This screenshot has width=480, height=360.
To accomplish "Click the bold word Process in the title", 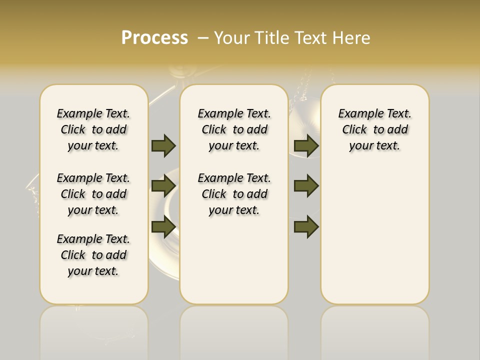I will coord(154,37).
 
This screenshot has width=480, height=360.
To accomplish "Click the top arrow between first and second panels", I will coord(163,145).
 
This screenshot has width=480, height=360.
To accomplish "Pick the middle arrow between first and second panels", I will coord(163,186).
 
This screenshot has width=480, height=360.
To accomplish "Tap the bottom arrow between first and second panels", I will coord(163,227).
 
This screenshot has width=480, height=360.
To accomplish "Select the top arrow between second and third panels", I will coord(306,145).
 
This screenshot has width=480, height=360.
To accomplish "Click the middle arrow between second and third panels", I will coord(306,186).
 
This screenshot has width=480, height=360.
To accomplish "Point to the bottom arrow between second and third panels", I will coord(306,227).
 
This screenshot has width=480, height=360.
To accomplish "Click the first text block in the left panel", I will coord(93,129).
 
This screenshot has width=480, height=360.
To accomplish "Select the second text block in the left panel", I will coord(93,194).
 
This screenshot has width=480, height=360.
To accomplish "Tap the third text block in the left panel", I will coord(93,255).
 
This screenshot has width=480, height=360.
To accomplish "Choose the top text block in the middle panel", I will coord(234,129).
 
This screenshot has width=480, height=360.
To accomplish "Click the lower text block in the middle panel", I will coord(234,194).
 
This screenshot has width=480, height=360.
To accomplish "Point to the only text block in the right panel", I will coord(374,129).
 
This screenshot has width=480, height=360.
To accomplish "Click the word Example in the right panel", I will coord(357,114).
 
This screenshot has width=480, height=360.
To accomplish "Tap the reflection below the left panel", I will coord(93,330).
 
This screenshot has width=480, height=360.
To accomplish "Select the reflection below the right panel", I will coord(374,330).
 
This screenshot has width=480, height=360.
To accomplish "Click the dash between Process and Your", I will coord(203,38).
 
